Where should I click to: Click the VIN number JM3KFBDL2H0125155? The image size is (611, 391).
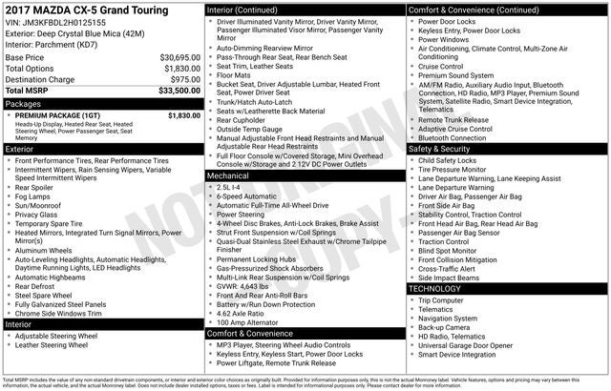56,21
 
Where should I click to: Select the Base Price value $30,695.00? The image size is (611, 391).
179,57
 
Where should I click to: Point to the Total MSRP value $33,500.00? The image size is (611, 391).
179,92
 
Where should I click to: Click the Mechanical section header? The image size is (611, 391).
228,176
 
